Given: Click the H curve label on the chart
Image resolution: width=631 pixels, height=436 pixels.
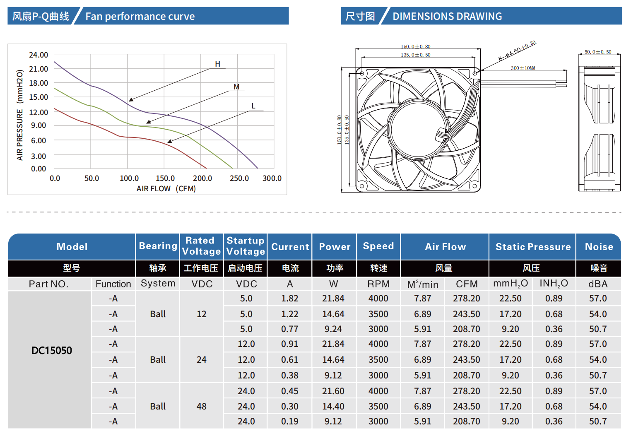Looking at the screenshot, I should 217,64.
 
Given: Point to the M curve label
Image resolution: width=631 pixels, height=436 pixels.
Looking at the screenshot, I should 236,87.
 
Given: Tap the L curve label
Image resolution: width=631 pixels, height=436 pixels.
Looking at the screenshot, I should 253,106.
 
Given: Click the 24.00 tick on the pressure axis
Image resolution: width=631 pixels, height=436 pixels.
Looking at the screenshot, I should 39,55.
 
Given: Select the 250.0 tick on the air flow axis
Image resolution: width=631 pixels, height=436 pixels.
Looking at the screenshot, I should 239,178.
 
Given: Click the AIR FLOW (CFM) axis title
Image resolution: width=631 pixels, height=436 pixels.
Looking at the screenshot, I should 166,189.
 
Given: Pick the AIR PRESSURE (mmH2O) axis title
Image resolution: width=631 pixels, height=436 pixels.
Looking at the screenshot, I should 19,115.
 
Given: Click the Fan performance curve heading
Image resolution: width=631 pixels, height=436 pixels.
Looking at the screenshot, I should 140,17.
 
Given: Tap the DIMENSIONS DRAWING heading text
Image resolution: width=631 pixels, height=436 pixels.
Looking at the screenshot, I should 447,17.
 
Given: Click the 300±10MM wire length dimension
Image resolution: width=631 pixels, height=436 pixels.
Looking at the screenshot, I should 523,68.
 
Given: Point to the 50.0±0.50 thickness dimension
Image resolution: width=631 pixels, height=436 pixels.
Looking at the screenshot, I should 598,52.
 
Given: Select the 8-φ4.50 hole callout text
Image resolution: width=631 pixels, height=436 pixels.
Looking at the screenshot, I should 517,51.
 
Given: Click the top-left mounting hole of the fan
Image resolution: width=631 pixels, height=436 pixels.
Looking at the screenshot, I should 361,73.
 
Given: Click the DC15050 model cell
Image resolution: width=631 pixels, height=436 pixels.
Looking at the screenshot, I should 52,351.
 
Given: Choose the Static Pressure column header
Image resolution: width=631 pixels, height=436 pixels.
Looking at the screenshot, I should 533,247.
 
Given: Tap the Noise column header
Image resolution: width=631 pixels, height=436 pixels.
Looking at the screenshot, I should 599,247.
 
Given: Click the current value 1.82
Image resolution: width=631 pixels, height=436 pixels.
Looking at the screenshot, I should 290,299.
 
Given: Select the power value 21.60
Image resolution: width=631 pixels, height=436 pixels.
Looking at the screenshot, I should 333,391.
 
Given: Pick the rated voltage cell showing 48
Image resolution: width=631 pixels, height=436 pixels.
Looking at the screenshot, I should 202,407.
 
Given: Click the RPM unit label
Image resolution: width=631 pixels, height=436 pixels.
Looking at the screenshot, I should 378,284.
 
